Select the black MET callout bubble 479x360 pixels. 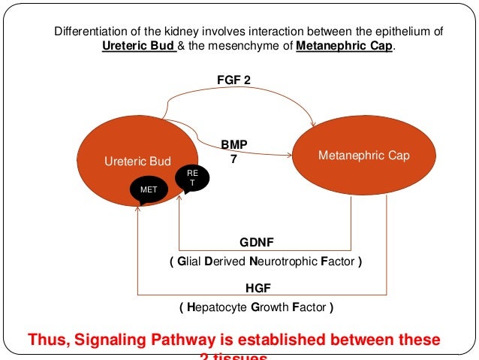149,191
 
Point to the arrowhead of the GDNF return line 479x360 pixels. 179,200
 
